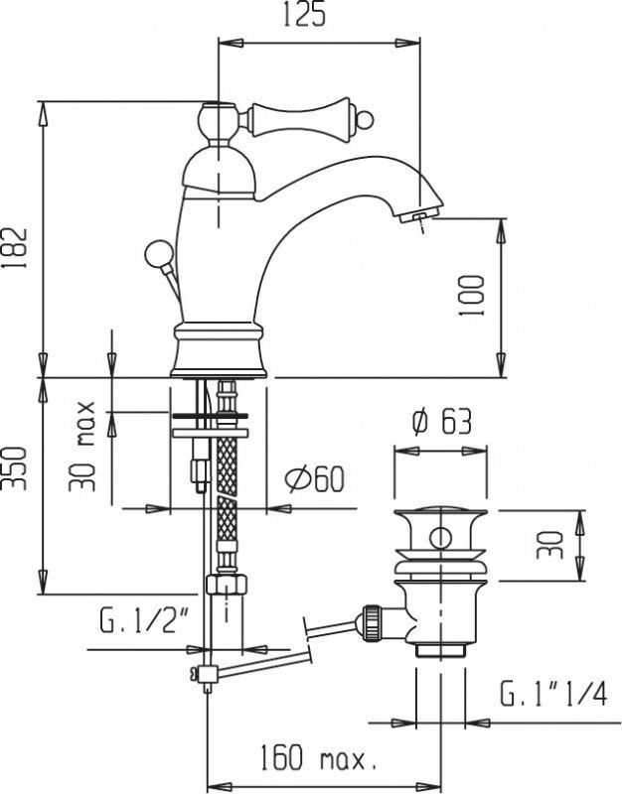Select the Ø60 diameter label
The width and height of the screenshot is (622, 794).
coord(313,480)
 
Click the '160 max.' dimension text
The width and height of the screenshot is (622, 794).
coord(316,760)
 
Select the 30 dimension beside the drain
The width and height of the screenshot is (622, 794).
coord(553,544)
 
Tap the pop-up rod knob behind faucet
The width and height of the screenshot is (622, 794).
coord(155,252)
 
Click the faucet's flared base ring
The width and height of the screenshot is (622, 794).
coord(220,352)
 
